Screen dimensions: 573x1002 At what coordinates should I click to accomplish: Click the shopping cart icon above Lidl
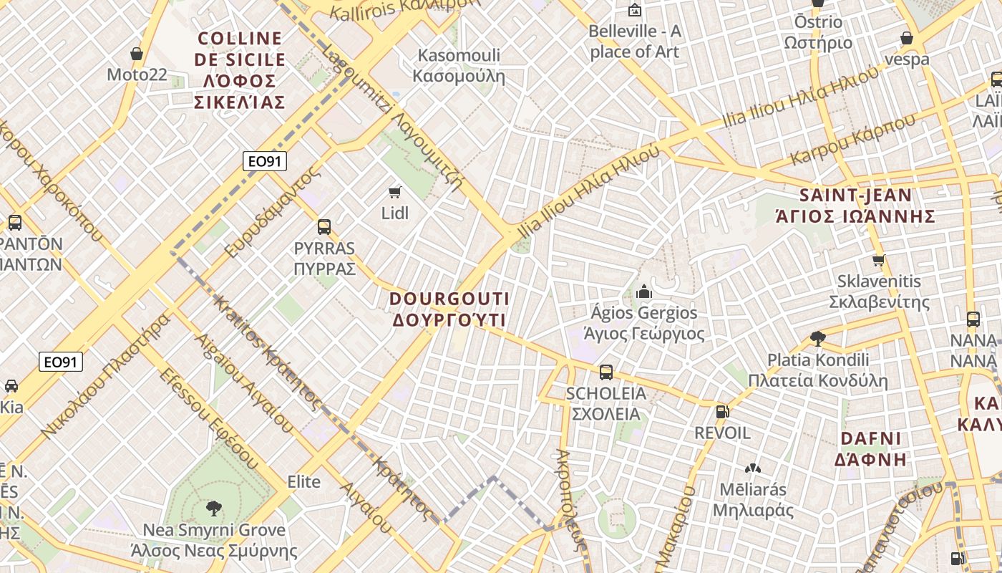point(394,192)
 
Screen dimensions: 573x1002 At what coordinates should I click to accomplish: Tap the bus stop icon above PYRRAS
point(324,227)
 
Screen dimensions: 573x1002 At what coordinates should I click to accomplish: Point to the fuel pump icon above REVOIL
point(722,412)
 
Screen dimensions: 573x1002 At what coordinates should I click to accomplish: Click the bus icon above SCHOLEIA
point(606,372)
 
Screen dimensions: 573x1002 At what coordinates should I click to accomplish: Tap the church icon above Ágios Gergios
point(643,292)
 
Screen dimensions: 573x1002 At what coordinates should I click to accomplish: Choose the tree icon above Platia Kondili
point(817,338)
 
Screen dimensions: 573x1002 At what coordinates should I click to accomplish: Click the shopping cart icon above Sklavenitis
point(879,260)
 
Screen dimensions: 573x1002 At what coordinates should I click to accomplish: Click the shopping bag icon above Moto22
point(137,54)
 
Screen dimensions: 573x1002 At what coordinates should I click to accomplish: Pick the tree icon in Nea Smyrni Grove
point(213,509)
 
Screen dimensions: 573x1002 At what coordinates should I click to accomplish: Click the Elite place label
point(303,481)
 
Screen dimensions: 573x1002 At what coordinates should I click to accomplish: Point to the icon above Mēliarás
point(752,468)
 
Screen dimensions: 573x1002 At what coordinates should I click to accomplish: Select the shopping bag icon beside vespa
point(907,38)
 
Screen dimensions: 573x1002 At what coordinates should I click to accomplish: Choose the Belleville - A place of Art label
point(634,42)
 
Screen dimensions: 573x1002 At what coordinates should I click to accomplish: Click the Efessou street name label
point(208,415)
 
